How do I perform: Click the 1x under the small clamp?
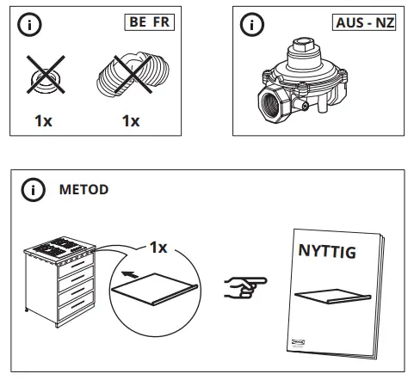(44, 120)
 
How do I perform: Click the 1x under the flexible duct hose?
(130, 120)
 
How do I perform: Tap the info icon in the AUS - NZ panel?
(252, 25)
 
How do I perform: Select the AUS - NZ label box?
(361, 23)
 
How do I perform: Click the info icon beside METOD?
(32, 190)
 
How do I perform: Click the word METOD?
(83, 190)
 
